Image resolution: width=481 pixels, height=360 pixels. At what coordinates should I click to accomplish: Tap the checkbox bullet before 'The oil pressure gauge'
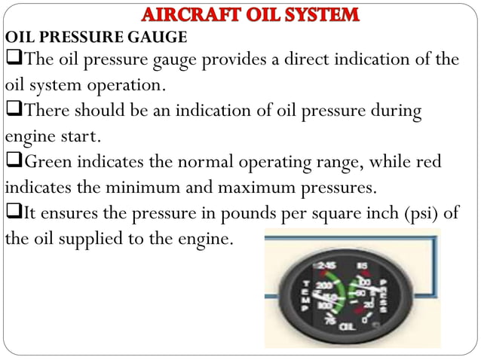13,59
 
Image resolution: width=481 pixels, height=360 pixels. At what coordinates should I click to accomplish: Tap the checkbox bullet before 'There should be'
13,111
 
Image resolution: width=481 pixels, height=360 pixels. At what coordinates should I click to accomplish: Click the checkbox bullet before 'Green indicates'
13,162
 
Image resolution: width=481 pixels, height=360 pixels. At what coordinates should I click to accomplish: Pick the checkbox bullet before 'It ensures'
13,213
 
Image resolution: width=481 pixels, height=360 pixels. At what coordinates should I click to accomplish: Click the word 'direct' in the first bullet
310,59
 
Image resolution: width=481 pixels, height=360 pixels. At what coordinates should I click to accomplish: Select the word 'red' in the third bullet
427,162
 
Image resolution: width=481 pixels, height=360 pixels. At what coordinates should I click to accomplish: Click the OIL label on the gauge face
348,326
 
